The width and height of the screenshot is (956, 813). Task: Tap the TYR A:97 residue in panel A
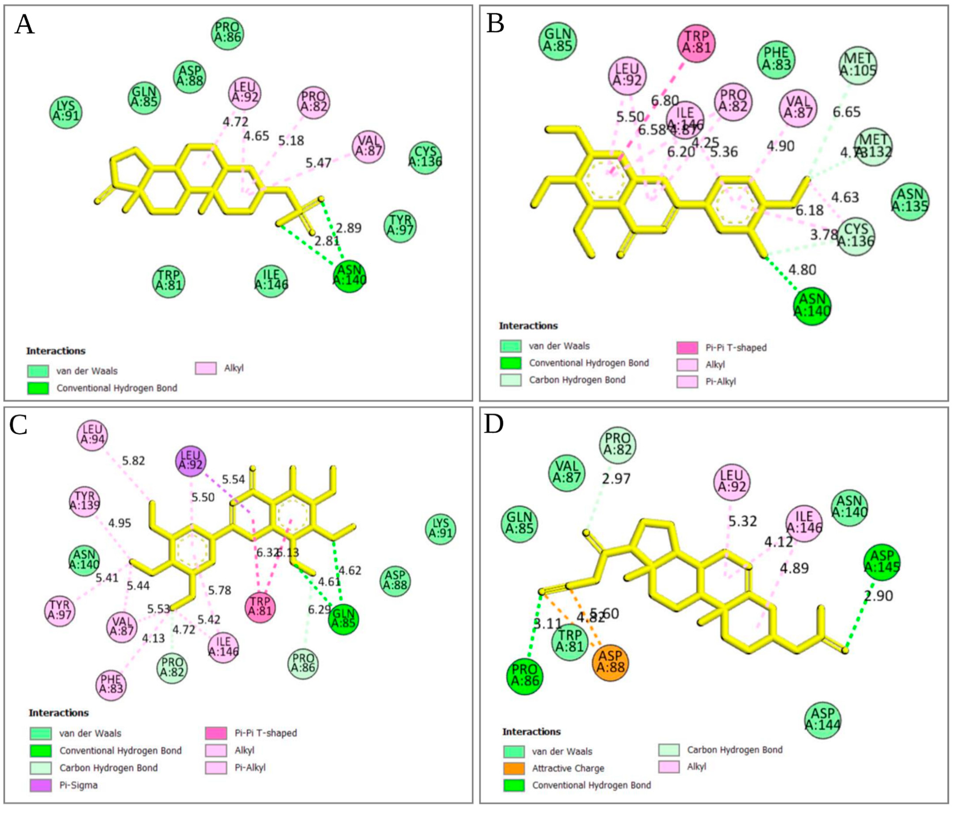(x=400, y=226)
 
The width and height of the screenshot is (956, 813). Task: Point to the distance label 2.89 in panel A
(x=348, y=228)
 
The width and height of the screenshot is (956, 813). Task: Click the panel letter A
(x=24, y=25)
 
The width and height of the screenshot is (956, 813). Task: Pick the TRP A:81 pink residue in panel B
(x=696, y=42)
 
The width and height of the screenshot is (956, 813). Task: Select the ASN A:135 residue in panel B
(x=910, y=201)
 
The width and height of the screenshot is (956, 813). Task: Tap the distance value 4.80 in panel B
(x=802, y=269)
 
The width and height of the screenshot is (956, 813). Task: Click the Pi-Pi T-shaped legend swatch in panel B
(x=687, y=347)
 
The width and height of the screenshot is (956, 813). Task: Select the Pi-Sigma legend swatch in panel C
(x=40, y=785)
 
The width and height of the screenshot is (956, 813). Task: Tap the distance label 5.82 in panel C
(x=133, y=460)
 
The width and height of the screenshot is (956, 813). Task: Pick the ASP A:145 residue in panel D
(x=882, y=562)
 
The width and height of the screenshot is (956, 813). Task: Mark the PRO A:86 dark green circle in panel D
(x=524, y=678)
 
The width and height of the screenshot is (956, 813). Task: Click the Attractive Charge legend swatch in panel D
(x=513, y=768)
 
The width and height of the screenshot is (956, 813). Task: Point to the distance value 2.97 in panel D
(x=616, y=479)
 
